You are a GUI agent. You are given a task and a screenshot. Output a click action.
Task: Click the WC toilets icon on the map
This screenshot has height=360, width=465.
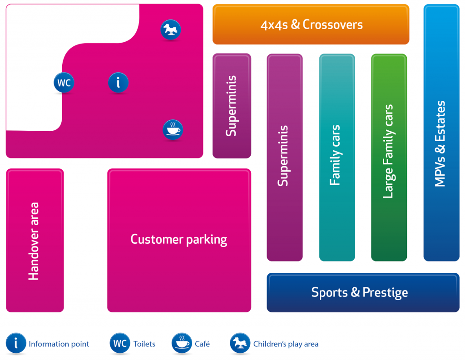click(64, 83)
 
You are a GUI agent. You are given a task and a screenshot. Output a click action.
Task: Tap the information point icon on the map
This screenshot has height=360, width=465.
click(119, 83)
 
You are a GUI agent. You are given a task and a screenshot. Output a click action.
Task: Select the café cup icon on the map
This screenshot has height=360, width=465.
click(173, 129)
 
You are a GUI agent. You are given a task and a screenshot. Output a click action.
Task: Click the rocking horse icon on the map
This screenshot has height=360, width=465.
click(171, 30)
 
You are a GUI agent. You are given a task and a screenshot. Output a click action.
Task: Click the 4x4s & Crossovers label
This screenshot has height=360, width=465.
click(312, 25)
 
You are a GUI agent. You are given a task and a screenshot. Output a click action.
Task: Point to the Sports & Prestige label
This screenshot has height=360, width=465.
click(360, 292)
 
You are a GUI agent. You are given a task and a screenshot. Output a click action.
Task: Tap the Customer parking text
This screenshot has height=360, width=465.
click(179, 240)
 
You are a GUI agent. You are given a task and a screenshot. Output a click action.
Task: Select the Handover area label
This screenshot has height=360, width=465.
click(34, 241)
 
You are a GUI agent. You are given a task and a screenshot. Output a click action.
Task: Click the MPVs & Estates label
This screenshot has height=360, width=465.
click(440, 144)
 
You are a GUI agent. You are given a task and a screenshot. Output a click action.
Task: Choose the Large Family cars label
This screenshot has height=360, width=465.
click(388, 151)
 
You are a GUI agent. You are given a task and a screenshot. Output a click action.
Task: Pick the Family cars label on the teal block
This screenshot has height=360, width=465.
click(336, 155)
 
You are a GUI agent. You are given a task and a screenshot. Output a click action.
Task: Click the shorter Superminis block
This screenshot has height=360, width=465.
click(232, 106)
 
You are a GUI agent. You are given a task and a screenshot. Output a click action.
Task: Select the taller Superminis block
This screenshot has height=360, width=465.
click(285, 158)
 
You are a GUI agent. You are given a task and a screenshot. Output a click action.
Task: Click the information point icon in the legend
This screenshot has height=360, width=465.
click(16, 343)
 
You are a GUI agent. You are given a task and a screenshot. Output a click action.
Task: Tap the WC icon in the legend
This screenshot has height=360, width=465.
click(120, 343)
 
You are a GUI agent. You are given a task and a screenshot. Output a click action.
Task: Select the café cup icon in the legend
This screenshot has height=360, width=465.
click(182, 343)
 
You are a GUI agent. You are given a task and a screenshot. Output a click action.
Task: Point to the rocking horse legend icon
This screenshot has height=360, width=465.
click(240, 343)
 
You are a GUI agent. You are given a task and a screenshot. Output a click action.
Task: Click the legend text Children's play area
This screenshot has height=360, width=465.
click(286, 344)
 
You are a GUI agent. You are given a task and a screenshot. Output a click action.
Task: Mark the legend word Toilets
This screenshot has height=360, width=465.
click(144, 344)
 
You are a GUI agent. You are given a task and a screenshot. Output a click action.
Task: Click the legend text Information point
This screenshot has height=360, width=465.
click(59, 344)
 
